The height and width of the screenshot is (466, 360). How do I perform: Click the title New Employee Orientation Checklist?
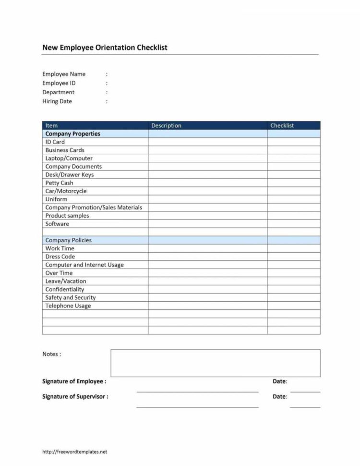click(x=105, y=48)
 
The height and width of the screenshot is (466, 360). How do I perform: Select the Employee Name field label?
click(x=64, y=74)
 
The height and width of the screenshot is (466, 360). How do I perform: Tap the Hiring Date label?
click(x=57, y=101)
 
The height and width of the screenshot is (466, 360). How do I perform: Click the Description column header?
click(x=166, y=125)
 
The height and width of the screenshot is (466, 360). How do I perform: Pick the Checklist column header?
click(x=282, y=125)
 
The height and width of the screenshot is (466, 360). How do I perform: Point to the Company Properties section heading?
click(x=72, y=134)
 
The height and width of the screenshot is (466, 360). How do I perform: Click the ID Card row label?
click(x=55, y=142)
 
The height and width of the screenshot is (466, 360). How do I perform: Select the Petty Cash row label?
click(x=59, y=183)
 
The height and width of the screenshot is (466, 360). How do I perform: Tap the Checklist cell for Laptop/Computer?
click(x=293, y=158)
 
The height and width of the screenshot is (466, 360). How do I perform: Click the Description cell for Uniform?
click(x=207, y=199)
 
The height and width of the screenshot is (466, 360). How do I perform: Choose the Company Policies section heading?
click(x=68, y=240)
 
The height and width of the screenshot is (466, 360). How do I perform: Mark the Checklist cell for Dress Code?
click(x=293, y=257)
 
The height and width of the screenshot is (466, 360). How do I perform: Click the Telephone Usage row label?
click(x=68, y=306)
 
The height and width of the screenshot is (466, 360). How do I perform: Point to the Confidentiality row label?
click(x=64, y=289)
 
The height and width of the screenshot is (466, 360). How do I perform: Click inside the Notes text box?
click(x=215, y=363)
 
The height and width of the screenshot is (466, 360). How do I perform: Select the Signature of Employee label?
click(x=74, y=381)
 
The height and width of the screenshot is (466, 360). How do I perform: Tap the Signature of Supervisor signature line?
click(x=197, y=406)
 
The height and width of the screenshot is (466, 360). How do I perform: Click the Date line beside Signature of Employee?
click(x=305, y=391)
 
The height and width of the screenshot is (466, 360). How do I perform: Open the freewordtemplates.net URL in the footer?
click(x=74, y=452)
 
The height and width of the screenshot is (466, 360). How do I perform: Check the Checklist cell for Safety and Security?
click(x=293, y=297)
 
